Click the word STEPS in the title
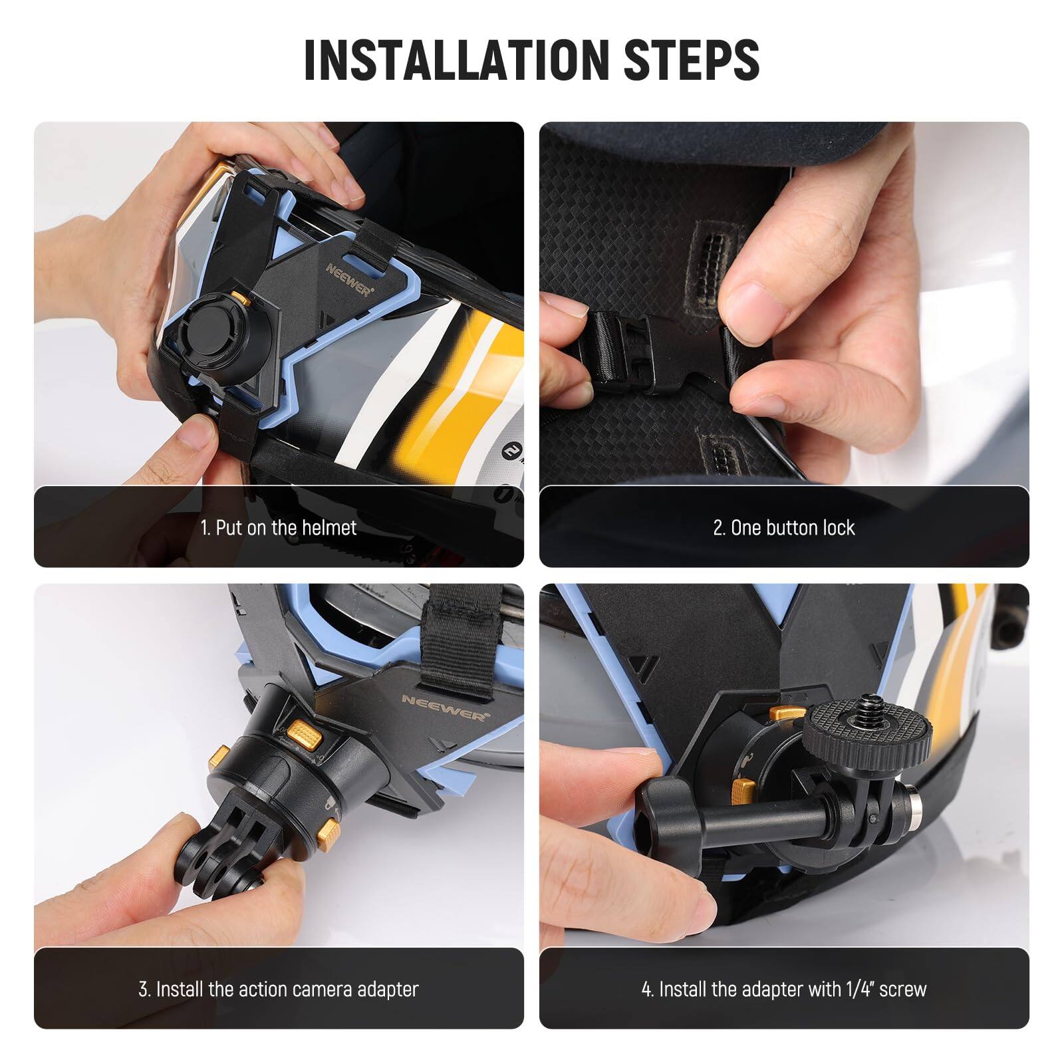pos(692,60)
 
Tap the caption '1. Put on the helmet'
pos(279,528)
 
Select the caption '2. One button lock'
pos(783,528)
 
